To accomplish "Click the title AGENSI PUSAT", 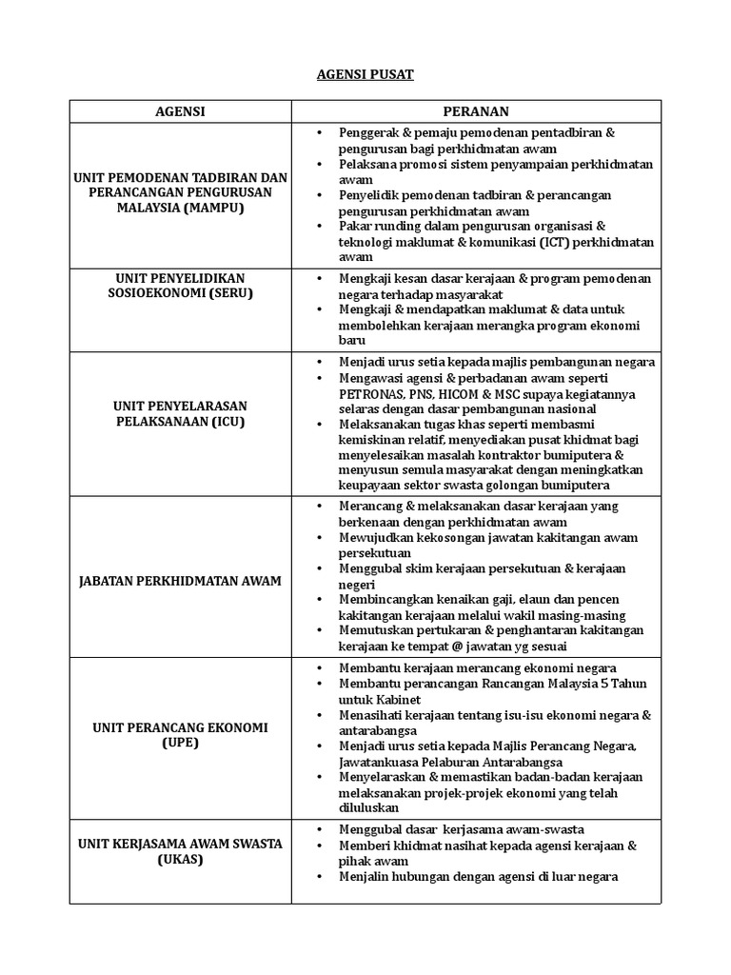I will click(x=365, y=74).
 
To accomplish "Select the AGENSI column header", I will click(x=180, y=111).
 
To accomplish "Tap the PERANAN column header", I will click(x=483, y=111).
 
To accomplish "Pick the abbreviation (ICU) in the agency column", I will click(x=226, y=421).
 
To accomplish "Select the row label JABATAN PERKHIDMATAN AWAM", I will click(x=180, y=581).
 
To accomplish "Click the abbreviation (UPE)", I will click(x=180, y=744).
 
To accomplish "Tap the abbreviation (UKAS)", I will click(x=180, y=860).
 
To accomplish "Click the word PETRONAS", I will click(x=373, y=393).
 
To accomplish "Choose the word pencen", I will click(x=592, y=599).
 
